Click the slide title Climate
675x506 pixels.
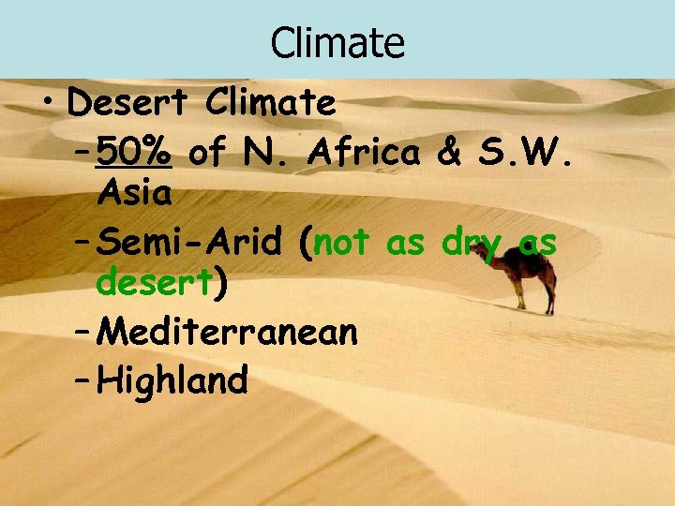(337, 42)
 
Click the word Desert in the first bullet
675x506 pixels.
(128, 103)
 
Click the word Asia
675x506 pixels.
(134, 194)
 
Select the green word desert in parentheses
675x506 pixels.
(154, 282)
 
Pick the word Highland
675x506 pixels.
(172, 380)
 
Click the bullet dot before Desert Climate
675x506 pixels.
(50, 105)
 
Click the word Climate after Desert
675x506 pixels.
(272, 103)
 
